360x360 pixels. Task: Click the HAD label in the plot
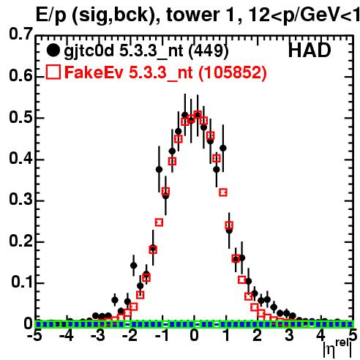point(310,50)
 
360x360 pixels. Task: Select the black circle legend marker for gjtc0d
point(53,50)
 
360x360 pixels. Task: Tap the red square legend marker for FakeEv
point(53,72)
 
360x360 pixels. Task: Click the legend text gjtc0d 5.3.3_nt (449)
point(146,51)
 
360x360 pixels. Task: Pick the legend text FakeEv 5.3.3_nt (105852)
point(166,72)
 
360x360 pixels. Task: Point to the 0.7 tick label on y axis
point(20,34)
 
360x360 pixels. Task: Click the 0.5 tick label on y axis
point(20,117)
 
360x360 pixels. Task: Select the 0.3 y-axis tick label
point(20,200)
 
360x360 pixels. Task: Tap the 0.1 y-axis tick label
point(22,282)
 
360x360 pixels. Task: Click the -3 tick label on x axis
point(98,335)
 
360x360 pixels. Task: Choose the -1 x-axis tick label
point(162,335)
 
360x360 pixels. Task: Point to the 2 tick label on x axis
point(258,335)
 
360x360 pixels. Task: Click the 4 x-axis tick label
point(321,335)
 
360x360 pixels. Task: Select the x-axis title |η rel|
point(337,348)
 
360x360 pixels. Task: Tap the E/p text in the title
point(50,16)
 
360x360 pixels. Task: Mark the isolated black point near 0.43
point(222,148)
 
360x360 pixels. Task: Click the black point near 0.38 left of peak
point(159,169)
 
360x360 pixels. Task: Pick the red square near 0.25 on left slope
point(159,222)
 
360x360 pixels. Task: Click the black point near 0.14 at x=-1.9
point(134,266)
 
